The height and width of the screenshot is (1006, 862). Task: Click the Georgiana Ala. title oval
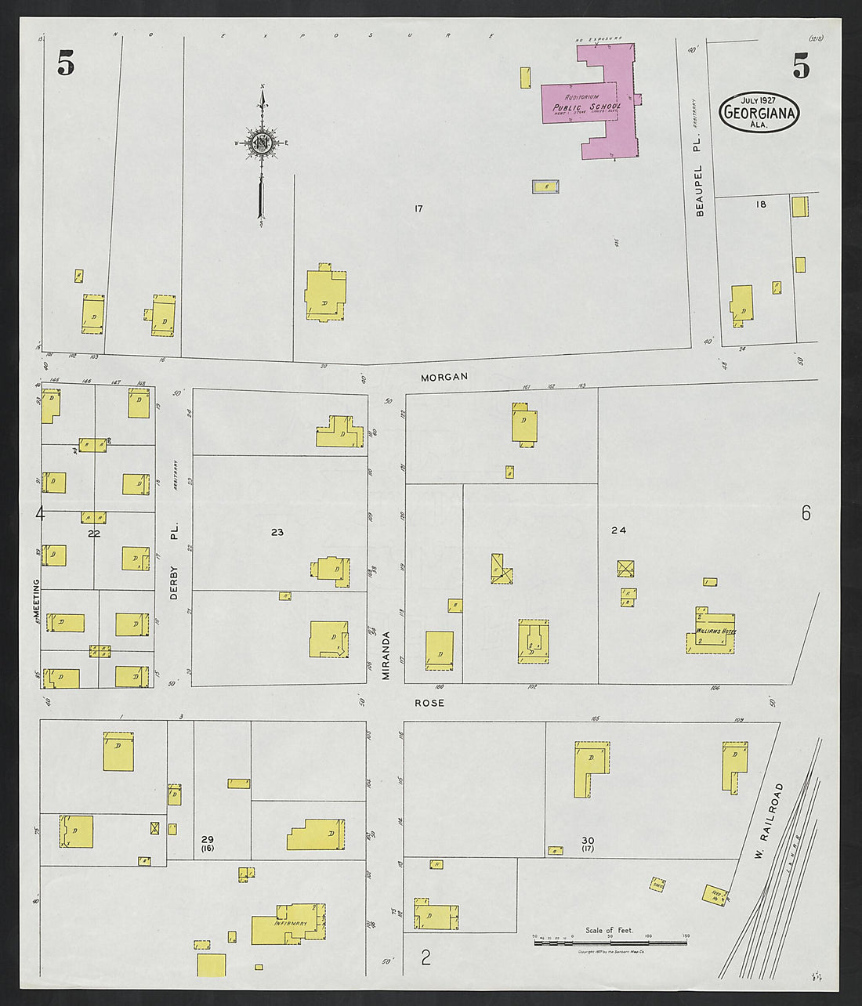[x=759, y=112]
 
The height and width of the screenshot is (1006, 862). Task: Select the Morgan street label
[x=444, y=377]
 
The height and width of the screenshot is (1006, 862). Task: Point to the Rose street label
[x=429, y=703]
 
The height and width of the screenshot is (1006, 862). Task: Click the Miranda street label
[x=386, y=655]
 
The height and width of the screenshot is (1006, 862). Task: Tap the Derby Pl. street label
[x=174, y=561]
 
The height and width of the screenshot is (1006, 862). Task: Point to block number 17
[x=419, y=208]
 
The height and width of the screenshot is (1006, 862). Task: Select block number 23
[x=277, y=532]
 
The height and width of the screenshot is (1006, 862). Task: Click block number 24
[x=619, y=530]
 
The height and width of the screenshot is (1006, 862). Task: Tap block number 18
[x=760, y=204]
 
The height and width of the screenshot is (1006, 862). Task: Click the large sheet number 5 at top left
[x=66, y=63]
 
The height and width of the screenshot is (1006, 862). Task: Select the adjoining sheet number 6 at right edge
[x=806, y=514]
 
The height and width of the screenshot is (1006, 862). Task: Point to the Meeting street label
[x=35, y=601]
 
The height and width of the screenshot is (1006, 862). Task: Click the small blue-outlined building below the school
[x=546, y=186]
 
